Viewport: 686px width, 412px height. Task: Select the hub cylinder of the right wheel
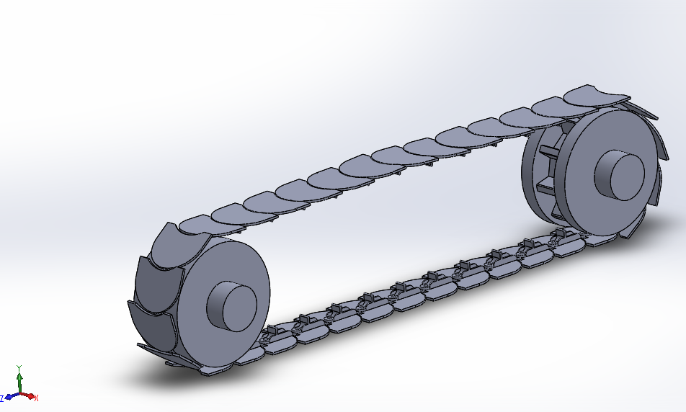620,175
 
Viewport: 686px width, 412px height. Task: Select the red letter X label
36,398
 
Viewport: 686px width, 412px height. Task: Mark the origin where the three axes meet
19,393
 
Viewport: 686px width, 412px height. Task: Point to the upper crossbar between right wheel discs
548,151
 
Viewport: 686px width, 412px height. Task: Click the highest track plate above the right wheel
591,96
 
